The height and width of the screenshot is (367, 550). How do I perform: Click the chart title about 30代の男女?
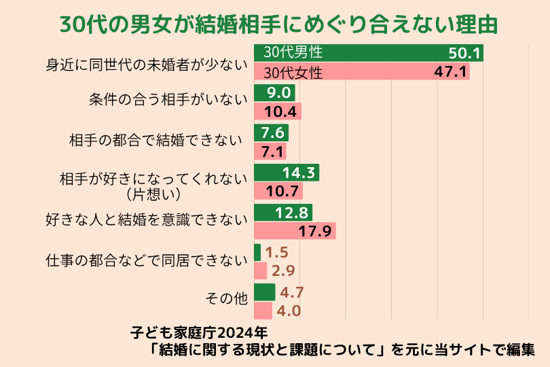tap(275, 24)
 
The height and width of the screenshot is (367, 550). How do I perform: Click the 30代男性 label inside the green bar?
tap(293, 52)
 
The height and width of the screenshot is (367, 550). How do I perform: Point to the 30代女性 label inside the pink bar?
tap(293, 71)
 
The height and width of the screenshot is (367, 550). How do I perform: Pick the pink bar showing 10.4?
tap(277, 111)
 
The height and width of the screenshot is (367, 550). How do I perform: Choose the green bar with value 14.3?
tap(286, 173)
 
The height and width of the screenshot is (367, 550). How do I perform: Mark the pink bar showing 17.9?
tap(295, 231)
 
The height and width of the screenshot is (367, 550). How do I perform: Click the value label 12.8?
tap(293, 212)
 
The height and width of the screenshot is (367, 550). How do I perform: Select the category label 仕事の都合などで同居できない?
tap(144, 260)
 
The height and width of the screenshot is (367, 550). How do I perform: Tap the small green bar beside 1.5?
tap(257, 252)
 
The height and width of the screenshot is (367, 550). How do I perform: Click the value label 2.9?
tap(282, 271)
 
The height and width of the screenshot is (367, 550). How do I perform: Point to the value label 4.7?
tap(291, 293)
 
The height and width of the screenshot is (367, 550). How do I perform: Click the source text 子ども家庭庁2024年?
tap(199, 334)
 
